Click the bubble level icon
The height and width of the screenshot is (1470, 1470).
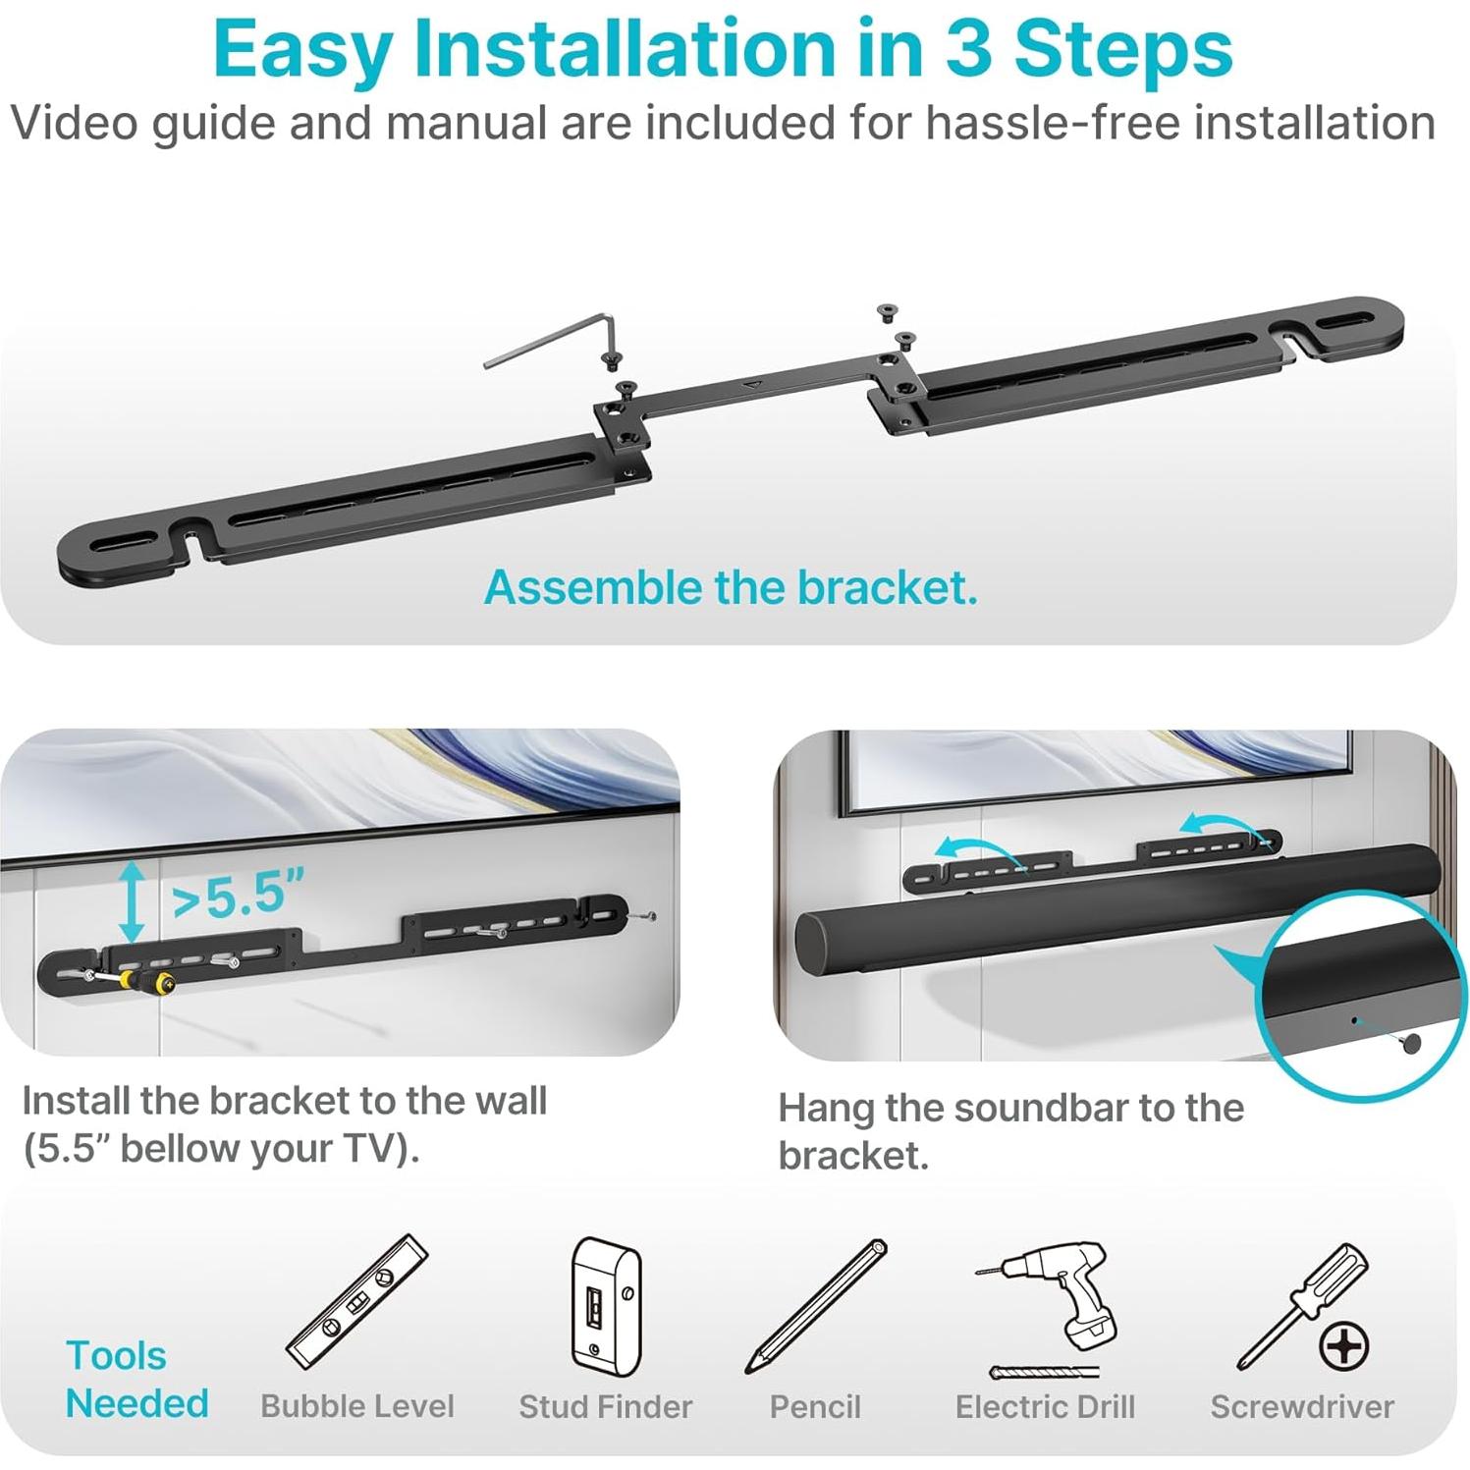(x=356, y=1302)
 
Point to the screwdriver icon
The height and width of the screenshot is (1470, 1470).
(x=1302, y=1306)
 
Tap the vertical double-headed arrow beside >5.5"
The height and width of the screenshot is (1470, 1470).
(x=133, y=902)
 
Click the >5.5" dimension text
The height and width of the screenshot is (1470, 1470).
(x=238, y=895)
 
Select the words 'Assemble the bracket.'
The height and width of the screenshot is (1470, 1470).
(x=731, y=587)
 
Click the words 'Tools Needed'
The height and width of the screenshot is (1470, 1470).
(x=136, y=1380)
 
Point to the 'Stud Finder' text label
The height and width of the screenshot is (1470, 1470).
(x=606, y=1407)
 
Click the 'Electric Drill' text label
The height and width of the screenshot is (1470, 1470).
(x=1045, y=1407)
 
